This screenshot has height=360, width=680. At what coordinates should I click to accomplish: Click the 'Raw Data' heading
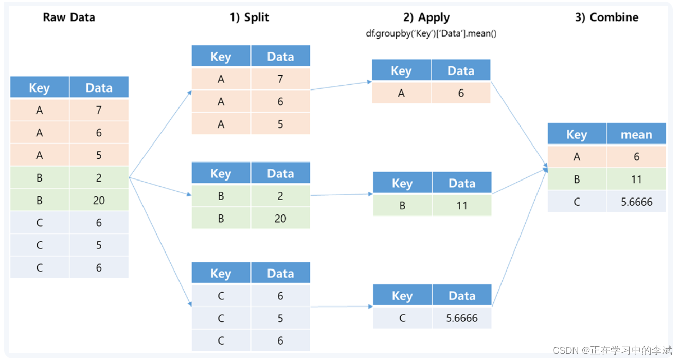click(x=69, y=17)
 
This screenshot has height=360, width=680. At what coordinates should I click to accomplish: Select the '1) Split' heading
click(x=249, y=17)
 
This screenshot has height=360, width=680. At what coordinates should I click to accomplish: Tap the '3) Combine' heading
click(x=606, y=17)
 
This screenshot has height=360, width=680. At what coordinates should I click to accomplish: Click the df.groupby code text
click(x=431, y=33)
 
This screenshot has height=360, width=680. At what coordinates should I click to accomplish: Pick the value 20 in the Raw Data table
click(x=99, y=200)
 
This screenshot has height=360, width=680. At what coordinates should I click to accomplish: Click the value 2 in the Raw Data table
click(x=99, y=178)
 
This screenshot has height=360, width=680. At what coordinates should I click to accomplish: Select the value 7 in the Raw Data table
click(x=99, y=110)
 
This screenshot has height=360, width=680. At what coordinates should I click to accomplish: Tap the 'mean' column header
click(x=636, y=135)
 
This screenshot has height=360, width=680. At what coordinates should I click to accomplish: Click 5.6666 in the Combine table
click(x=636, y=202)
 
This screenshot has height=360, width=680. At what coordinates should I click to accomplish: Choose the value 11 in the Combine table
click(x=636, y=179)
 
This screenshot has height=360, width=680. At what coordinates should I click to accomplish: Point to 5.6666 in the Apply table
click(x=461, y=318)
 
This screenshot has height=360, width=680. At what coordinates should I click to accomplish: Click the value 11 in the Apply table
click(x=461, y=206)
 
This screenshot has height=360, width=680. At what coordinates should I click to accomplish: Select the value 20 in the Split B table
click(x=280, y=219)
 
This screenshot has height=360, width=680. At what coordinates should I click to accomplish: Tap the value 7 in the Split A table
click(x=280, y=79)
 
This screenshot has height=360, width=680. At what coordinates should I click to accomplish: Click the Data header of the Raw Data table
click(x=99, y=88)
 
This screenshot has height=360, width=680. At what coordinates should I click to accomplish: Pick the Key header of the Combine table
click(x=577, y=135)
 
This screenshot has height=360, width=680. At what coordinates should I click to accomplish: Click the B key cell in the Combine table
click(x=577, y=179)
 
